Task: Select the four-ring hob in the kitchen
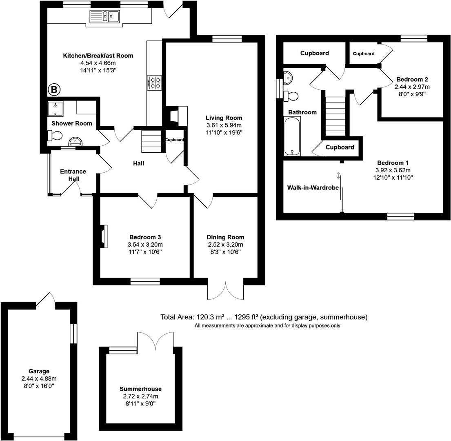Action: (x=155, y=83)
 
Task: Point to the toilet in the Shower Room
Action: (x=55, y=135)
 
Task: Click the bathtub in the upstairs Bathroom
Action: (x=292, y=136)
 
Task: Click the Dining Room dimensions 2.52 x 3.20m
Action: (x=225, y=245)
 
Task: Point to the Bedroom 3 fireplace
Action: (x=104, y=236)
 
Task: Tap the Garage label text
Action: (x=39, y=371)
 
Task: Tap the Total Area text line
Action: (x=264, y=317)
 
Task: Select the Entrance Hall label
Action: (x=73, y=175)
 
